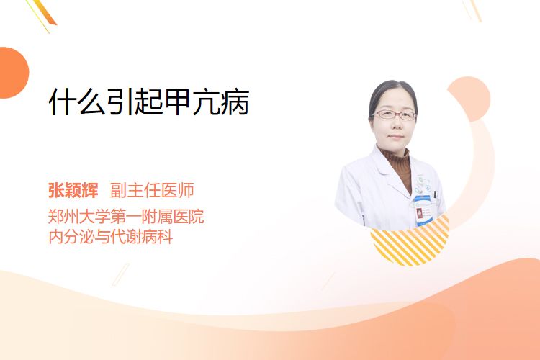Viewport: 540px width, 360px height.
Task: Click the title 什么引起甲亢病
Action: coord(149,102)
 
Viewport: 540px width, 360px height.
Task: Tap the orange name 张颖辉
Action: coord(73,190)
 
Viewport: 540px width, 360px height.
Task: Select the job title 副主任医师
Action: coord(152,190)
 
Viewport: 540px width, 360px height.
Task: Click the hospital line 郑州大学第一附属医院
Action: coord(126,216)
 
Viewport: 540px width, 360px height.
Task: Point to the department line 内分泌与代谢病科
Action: coord(111,237)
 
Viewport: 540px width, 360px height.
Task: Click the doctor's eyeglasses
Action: coord(395,114)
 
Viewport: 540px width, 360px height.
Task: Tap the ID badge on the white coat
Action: coord(422,210)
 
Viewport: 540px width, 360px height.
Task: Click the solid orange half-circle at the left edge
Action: coord(13,73)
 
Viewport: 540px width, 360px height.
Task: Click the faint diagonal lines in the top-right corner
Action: coord(472,10)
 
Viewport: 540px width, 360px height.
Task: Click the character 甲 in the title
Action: coord(177,102)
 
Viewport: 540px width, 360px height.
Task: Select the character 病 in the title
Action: coord(235,102)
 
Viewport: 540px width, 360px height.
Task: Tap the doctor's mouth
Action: coord(396,137)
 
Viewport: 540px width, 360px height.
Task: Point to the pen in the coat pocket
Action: coord(435,195)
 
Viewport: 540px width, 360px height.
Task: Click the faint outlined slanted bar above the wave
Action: coord(121,274)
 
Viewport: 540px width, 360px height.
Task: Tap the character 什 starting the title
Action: coord(62,102)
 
